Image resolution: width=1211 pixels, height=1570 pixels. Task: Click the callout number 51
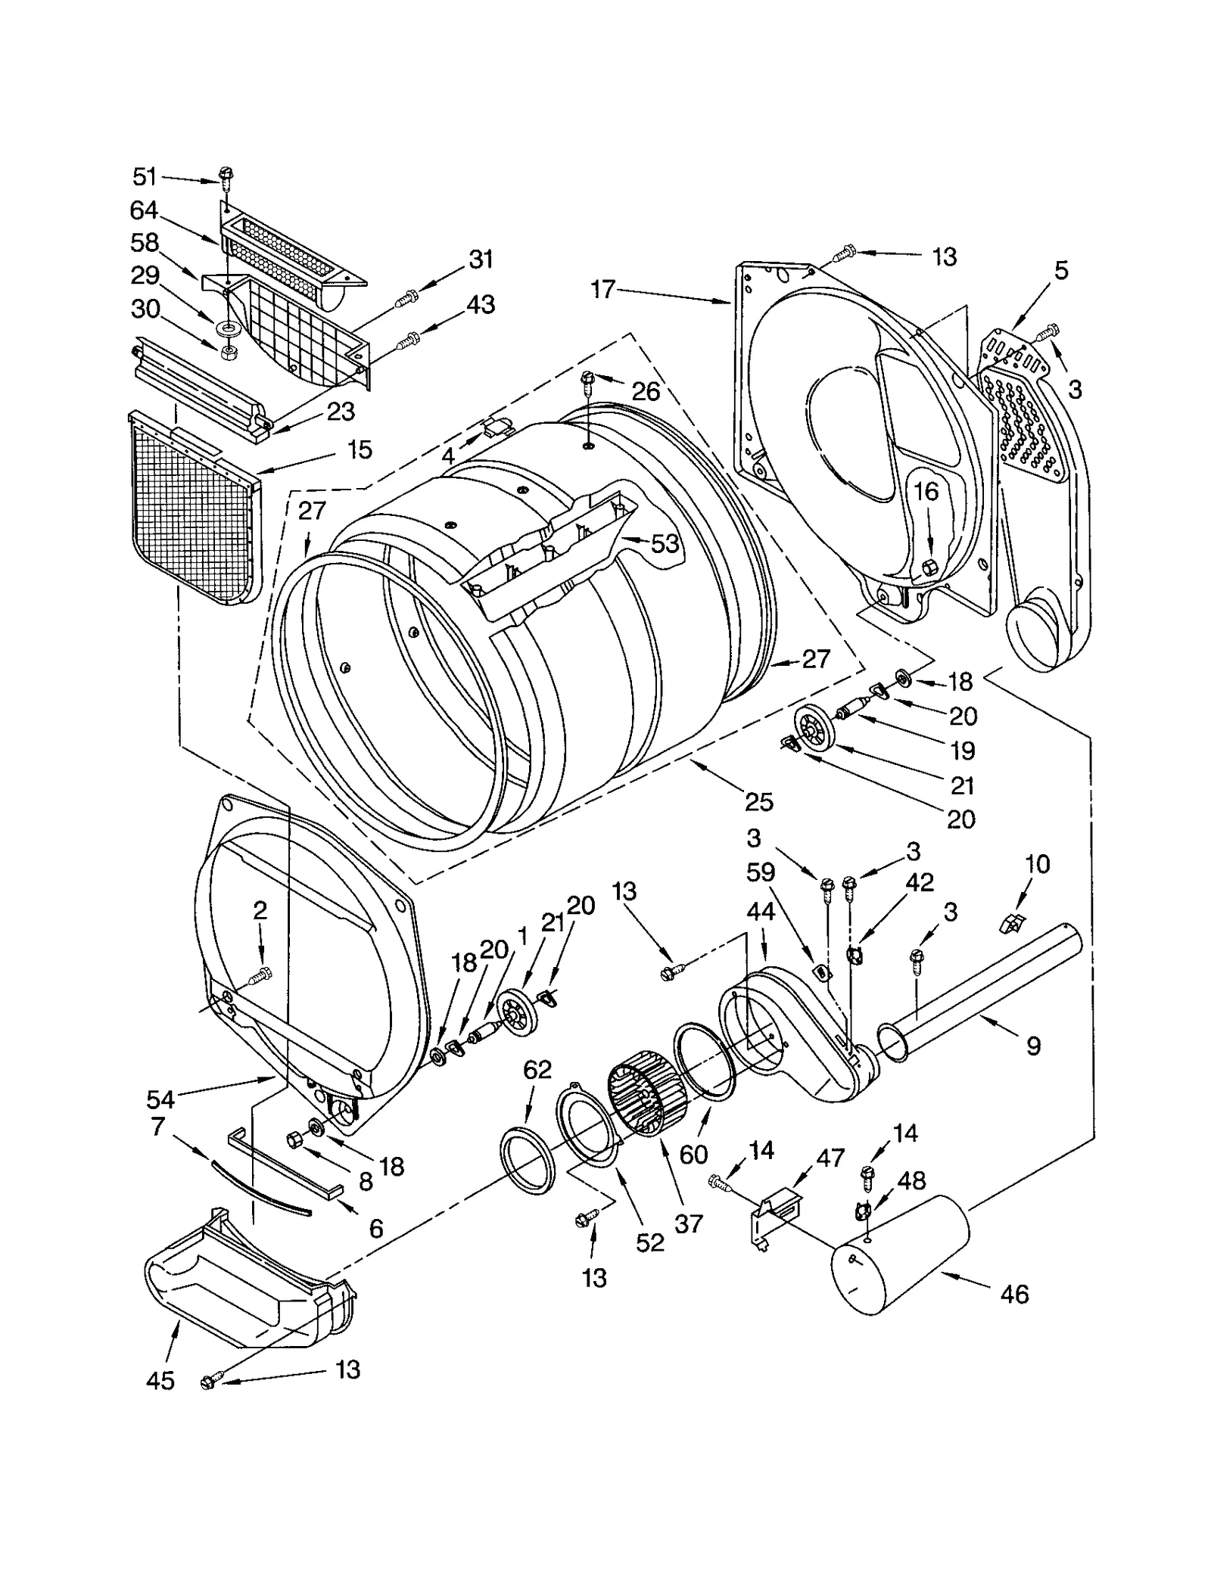pos(144,178)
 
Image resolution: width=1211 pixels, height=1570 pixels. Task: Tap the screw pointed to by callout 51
pos(226,175)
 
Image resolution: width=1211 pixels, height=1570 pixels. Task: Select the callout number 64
pos(144,210)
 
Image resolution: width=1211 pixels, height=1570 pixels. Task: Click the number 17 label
pos(603,289)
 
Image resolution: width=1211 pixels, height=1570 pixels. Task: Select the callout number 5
pos(1061,271)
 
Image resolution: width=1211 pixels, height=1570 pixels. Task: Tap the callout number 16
pos(926,493)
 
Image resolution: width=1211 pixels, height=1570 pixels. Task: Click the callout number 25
pos(759,802)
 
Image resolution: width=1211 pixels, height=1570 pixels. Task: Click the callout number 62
pos(537,1071)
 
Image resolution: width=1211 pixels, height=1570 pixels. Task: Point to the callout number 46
pos(1014,1294)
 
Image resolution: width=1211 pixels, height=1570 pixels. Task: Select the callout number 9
pos(1034,1046)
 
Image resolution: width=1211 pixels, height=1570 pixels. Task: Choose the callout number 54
pos(161,1099)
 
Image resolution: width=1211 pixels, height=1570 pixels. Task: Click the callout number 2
pos(260,910)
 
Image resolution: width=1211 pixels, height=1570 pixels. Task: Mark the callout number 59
pos(761,872)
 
